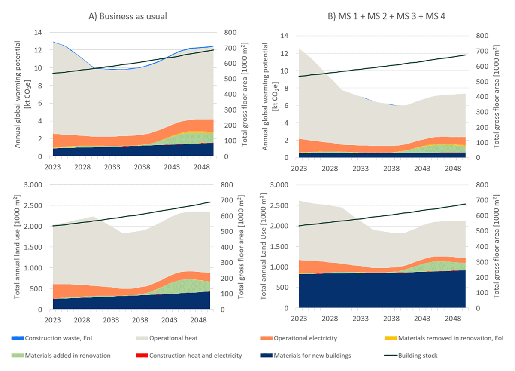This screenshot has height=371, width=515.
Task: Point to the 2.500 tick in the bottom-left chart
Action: (x=37, y=205)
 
